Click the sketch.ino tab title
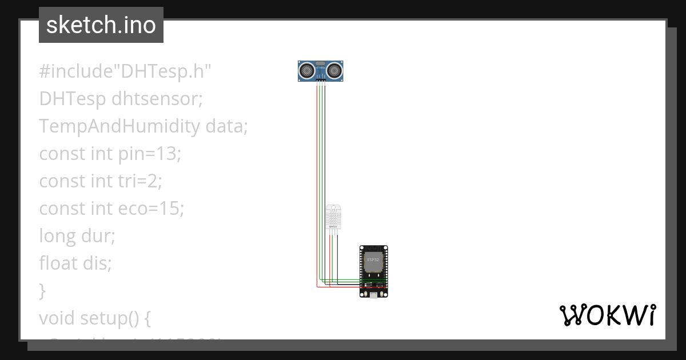[x=101, y=25]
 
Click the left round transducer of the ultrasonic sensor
[x=307, y=71]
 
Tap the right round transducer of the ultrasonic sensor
[x=334, y=71]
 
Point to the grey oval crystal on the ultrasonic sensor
[x=321, y=63]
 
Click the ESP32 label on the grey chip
[x=373, y=260]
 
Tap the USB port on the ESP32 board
[x=374, y=295]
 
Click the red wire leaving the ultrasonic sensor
[x=317, y=171]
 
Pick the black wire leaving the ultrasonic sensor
[x=325, y=171]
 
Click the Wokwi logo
[x=607, y=315]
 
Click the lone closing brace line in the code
[x=42, y=290]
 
